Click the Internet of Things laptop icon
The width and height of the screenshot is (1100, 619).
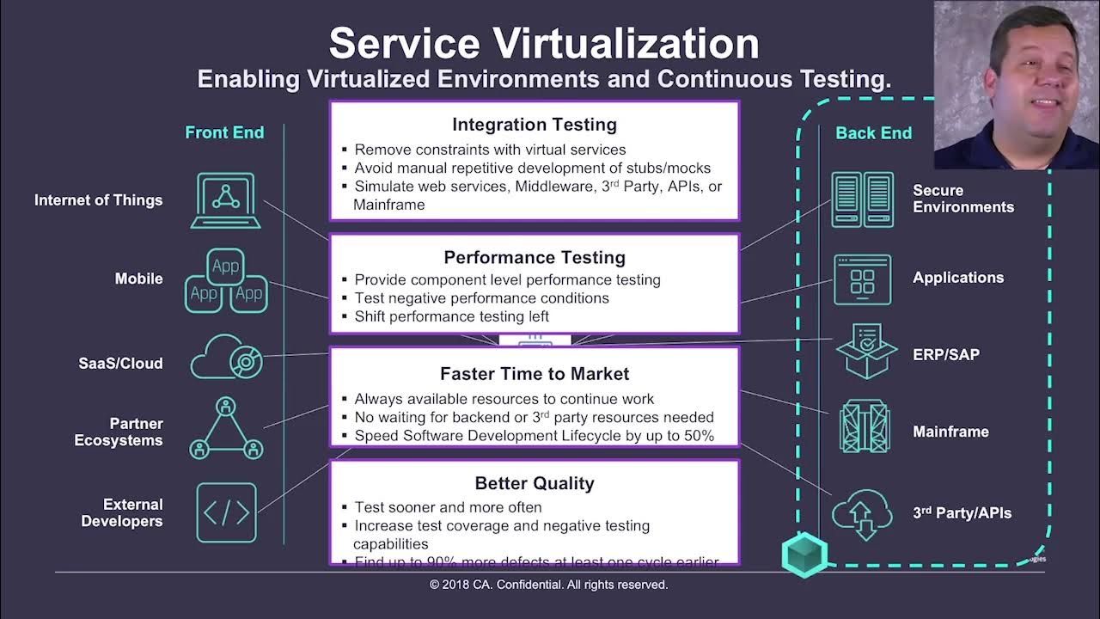click(x=226, y=200)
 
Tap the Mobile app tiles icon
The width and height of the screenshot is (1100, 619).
click(x=226, y=280)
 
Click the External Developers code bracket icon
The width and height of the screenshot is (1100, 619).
click(x=226, y=512)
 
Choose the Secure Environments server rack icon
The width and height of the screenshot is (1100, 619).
click(x=862, y=199)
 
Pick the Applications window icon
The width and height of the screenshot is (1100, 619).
click(x=862, y=279)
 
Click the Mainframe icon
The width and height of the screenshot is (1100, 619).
click(x=865, y=426)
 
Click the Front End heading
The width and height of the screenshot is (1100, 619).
click(x=224, y=132)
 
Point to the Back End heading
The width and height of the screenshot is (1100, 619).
click(x=873, y=133)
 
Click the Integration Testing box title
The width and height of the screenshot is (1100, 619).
click(x=534, y=125)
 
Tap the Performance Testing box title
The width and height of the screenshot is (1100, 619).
click(x=534, y=257)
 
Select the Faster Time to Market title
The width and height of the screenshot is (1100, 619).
click(x=534, y=374)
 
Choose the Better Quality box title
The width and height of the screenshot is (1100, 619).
click(x=534, y=483)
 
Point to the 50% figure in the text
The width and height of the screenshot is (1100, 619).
click(x=698, y=435)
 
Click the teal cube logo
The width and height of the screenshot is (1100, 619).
click(x=804, y=555)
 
